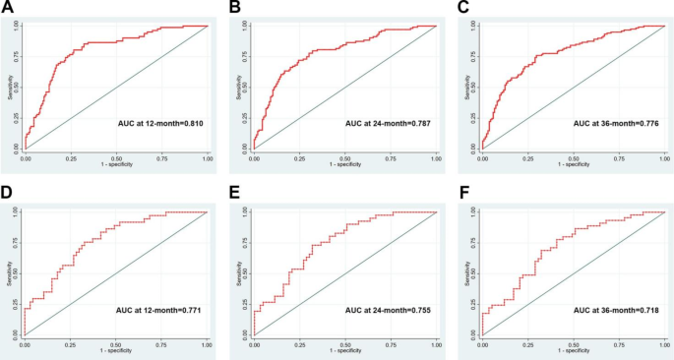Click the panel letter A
(8, 8)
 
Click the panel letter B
(235, 8)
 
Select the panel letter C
(464, 8)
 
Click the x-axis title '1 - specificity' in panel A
(116, 164)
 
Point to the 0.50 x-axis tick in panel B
(344, 157)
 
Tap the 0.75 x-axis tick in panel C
(619, 157)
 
